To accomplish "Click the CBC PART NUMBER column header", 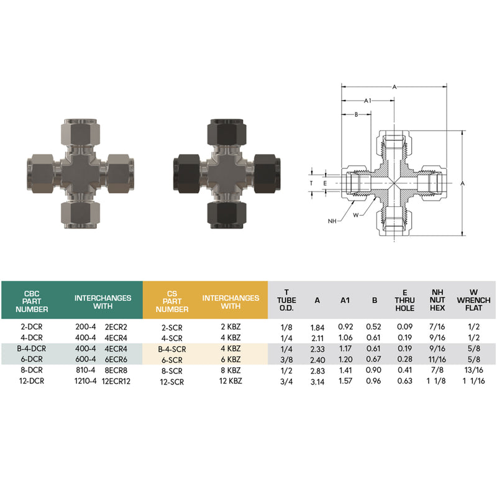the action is tap(32, 301).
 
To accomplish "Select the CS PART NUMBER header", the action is tap(172, 301).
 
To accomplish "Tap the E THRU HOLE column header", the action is tap(405, 300).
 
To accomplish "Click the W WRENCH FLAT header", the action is tap(473, 300).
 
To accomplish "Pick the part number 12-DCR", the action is tap(32, 381).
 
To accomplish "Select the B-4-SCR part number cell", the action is tap(172, 349).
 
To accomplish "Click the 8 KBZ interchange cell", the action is tap(230, 370).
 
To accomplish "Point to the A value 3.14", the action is tap(317, 381).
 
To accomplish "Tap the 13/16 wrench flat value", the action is tap(473, 370).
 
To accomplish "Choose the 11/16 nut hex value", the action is tap(437, 359).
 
